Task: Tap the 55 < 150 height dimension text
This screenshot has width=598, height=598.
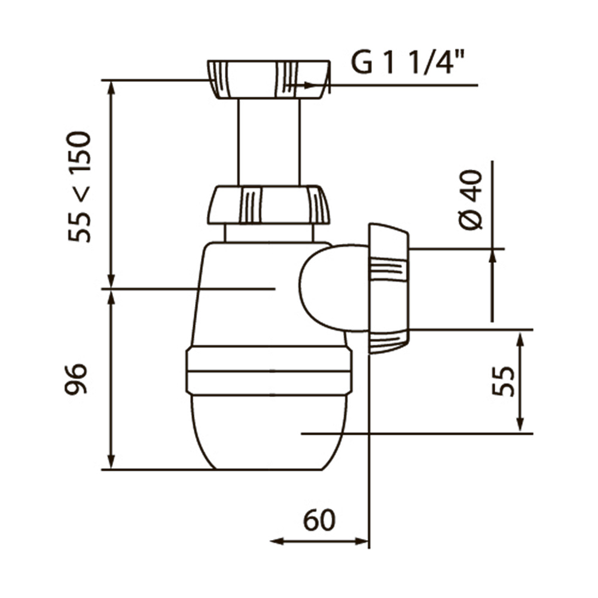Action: pos(80,187)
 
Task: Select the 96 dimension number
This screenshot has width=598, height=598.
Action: pos(76,379)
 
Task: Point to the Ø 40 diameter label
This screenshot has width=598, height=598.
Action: pos(471,200)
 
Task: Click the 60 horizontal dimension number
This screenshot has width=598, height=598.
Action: pos(319,520)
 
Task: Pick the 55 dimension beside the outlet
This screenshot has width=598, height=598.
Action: pos(503,382)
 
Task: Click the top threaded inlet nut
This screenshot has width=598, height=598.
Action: pos(269,80)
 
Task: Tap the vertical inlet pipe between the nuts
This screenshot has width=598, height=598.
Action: pos(269,142)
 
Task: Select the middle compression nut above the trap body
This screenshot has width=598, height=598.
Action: pos(269,205)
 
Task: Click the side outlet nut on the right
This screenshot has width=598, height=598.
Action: pos(389,289)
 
